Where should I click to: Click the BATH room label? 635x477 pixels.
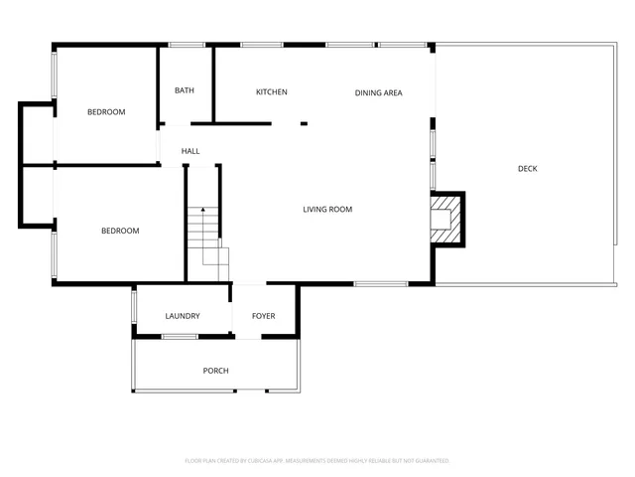(x=185, y=90)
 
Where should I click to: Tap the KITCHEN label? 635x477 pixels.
(x=272, y=92)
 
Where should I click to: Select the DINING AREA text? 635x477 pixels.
(x=379, y=93)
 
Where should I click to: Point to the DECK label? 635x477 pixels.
(x=528, y=169)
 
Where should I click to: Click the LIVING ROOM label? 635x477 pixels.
(x=327, y=210)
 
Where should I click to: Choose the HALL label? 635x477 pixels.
(x=190, y=151)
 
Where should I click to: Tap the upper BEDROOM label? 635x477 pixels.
(x=106, y=112)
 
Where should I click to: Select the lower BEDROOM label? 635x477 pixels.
(x=120, y=231)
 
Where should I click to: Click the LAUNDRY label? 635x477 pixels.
(x=183, y=316)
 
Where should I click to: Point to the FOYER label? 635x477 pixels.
(x=263, y=316)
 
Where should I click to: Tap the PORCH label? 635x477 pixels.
(x=215, y=371)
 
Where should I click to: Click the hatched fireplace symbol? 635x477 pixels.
(x=446, y=220)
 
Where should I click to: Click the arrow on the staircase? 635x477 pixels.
(x=202, y=212)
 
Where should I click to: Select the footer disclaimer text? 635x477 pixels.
(x=317, y=461)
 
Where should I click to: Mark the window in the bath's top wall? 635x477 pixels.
(x=186, y=45)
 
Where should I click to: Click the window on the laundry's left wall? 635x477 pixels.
(x=134, y=306)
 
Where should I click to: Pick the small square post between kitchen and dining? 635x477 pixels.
(x=304, y=123)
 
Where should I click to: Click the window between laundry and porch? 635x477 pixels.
(x=180, y=337)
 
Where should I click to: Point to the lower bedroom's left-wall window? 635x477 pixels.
(x=55, y=255)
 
